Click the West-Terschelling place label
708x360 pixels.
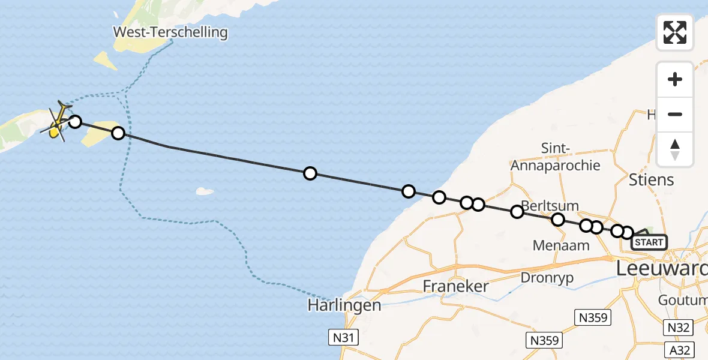(171, 32)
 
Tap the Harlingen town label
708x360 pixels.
(344, 305)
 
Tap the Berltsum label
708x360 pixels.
(550, 206)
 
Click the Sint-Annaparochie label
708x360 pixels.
(554, 157)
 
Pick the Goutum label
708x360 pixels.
(683, 299)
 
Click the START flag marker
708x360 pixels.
(649, 242)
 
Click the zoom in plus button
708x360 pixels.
(675, 79)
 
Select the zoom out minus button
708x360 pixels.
(675, 115)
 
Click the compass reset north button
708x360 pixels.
(675, 149)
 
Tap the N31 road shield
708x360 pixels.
(343, 337)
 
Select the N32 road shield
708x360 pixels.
(679, 328)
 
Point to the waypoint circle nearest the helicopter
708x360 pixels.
(75, 122)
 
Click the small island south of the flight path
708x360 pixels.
(205, 192)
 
